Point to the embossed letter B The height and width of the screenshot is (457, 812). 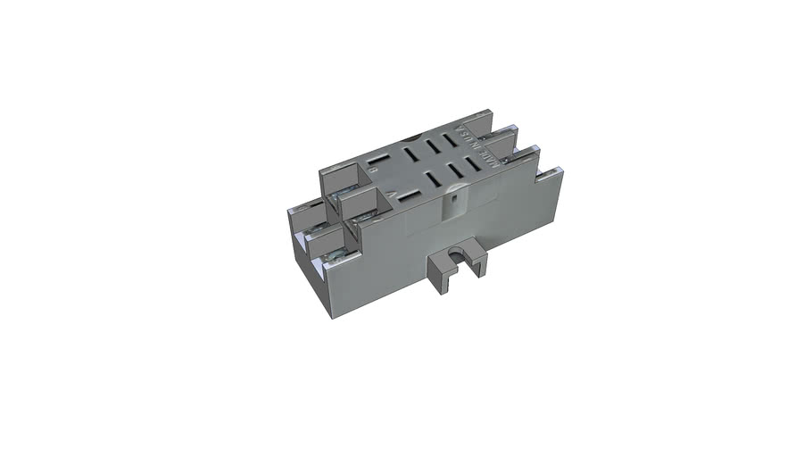tap(373, 169)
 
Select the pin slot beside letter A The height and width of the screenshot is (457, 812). tap(410, 193)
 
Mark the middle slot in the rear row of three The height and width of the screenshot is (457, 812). tap(434, 145)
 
